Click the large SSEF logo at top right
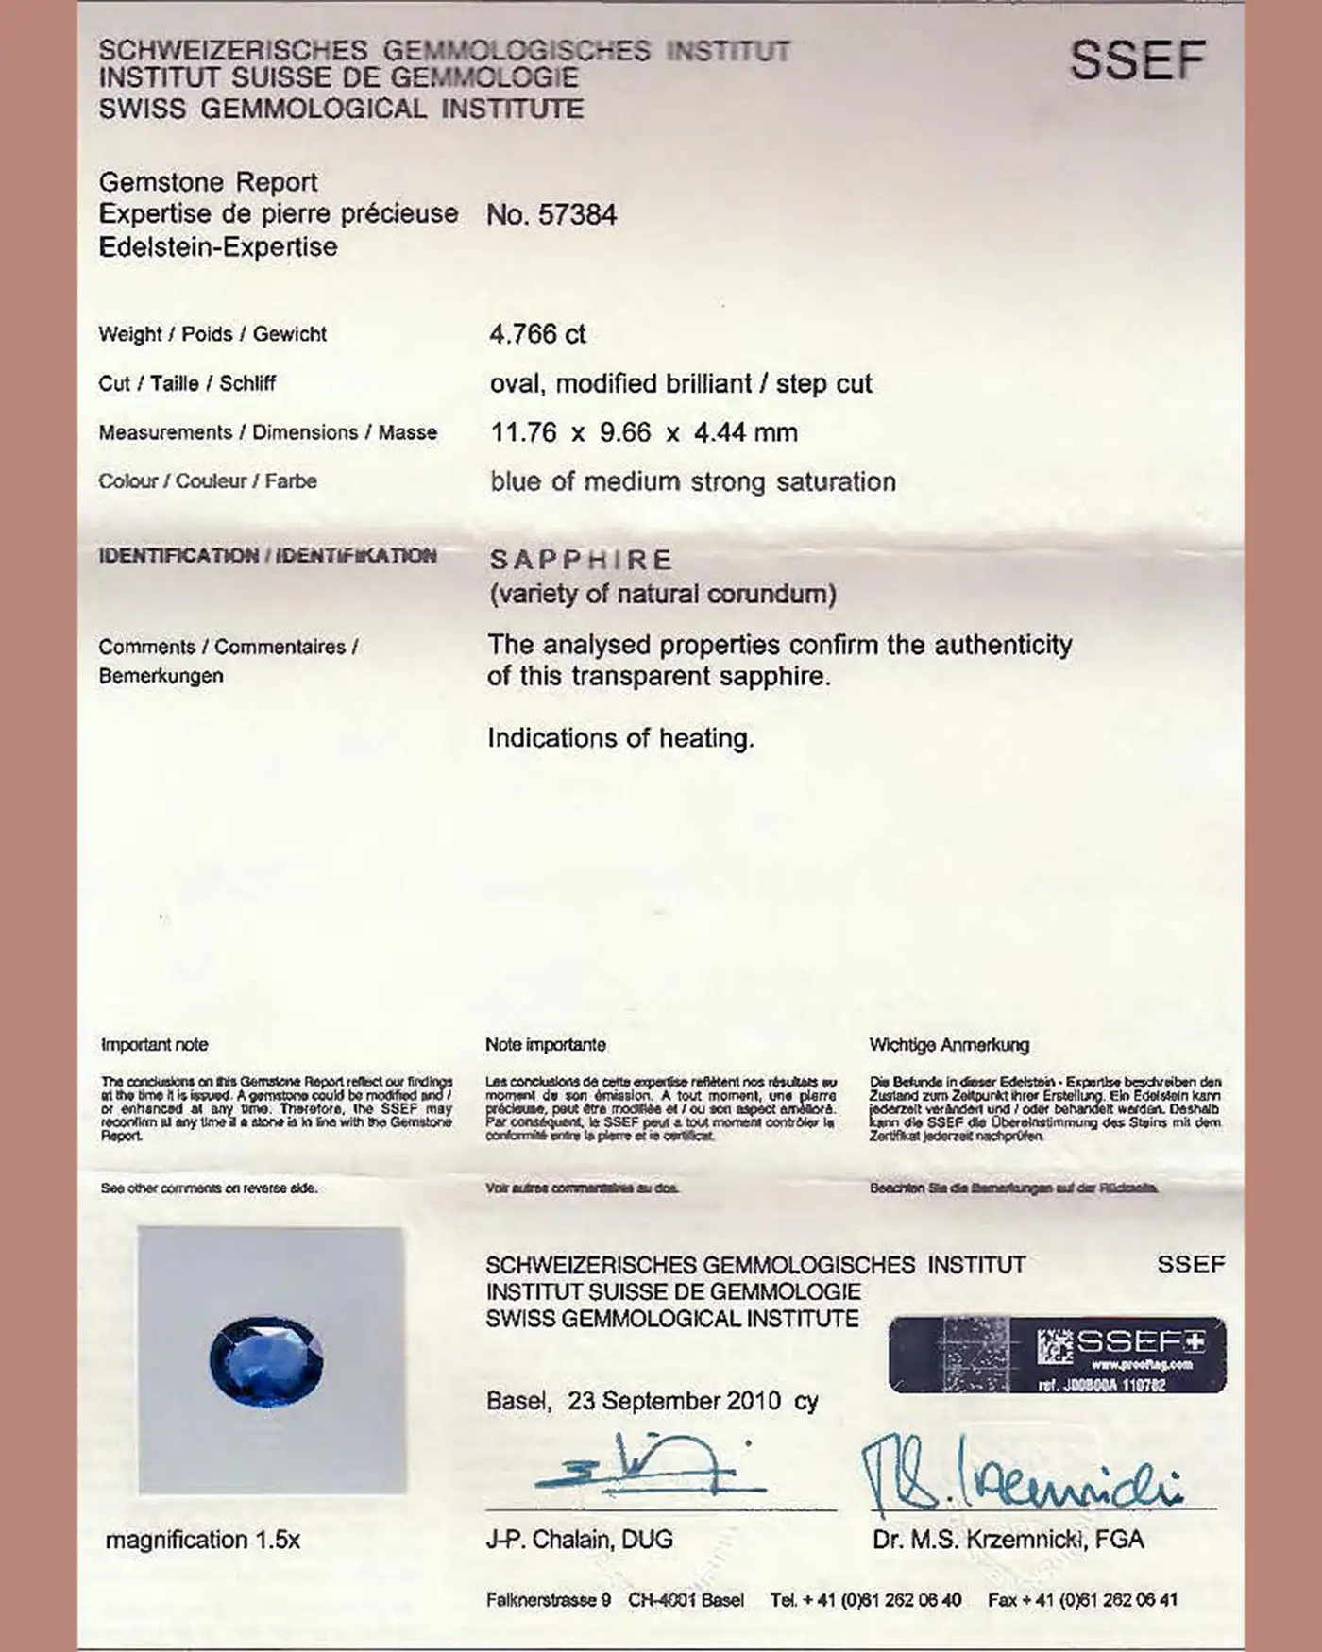(1138, 60)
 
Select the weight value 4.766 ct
(537, 334)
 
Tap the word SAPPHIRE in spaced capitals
(581, 560)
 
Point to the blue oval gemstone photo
(265, 1360)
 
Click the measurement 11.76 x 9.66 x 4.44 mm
(644, 432)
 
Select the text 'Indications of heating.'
(620, 738)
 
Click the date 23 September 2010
(673, 1401)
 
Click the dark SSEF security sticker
(1057, 1356)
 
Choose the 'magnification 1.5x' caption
(202, 1540)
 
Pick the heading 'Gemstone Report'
(208, 182)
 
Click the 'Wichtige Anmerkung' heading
(949, 1045)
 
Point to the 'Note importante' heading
(546, 1045)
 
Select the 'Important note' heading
(154, 1045)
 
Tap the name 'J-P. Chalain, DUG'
(579, 1540)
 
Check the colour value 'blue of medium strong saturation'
(692, 482)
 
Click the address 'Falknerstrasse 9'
(549, 1600)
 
